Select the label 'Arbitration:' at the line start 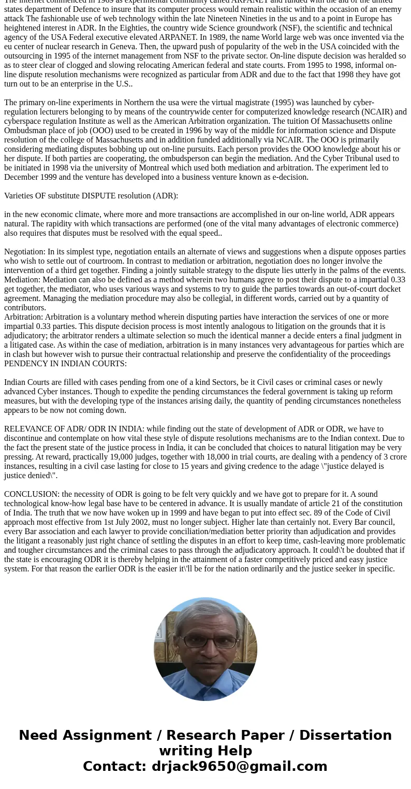click(23, 317)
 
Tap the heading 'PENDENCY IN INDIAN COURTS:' click(65, 363)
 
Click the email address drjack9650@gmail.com click(239, 766)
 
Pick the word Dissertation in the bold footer click(345, 735)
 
